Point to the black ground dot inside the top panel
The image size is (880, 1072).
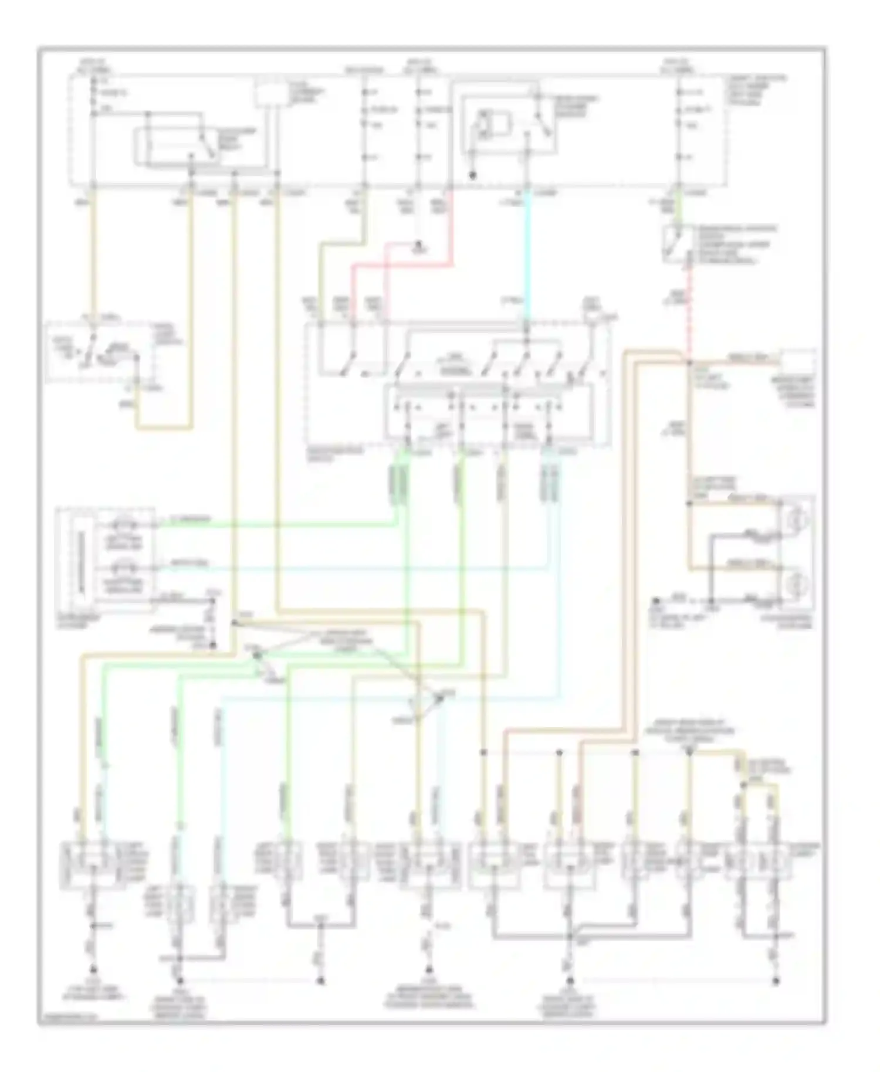[x=473, y=175]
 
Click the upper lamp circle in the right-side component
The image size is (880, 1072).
[x=798, y=518]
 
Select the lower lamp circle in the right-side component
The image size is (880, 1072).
[x=798, y=584]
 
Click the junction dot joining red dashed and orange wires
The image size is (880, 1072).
[x=690, y=362]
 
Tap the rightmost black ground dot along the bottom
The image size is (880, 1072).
[x=776, y=980]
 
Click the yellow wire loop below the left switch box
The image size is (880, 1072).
[x=164, y=428]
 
